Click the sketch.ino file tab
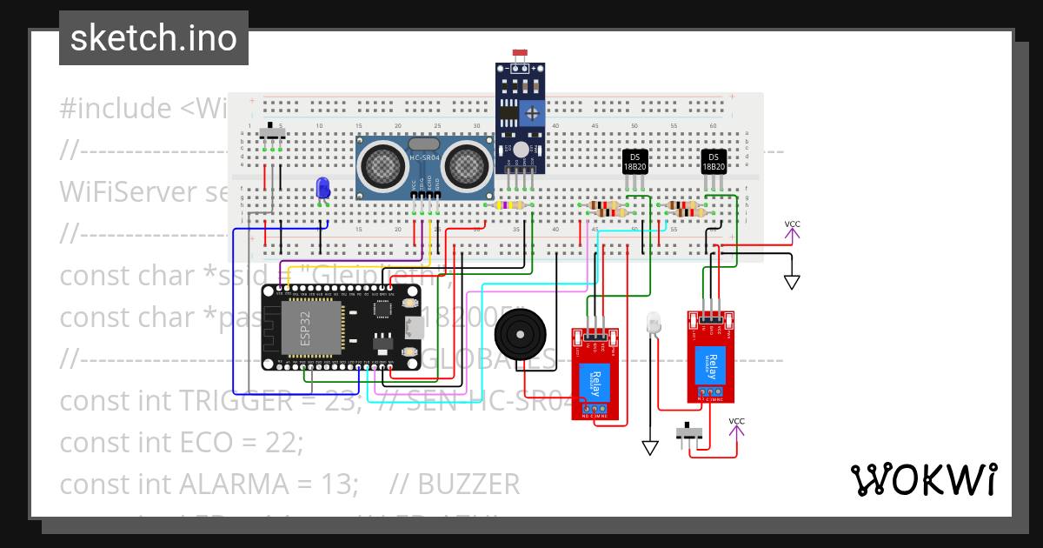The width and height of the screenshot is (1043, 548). [154, 38]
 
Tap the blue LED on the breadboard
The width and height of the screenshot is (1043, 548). [323, 187]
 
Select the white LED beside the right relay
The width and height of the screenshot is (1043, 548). [654, 325]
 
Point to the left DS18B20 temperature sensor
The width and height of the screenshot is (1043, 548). [635, 162]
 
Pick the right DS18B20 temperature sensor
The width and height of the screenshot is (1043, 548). [714, 162]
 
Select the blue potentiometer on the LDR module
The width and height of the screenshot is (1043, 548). [533, 111]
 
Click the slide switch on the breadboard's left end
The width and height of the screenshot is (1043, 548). [274, 134]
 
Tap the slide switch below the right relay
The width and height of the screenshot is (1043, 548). [691, 432]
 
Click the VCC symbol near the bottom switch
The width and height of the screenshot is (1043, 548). [736, 426]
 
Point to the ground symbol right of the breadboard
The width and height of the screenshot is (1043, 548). [792, 282]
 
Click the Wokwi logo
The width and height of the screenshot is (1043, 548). [923, 479]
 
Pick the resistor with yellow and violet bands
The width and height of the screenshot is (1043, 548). [508, 205]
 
